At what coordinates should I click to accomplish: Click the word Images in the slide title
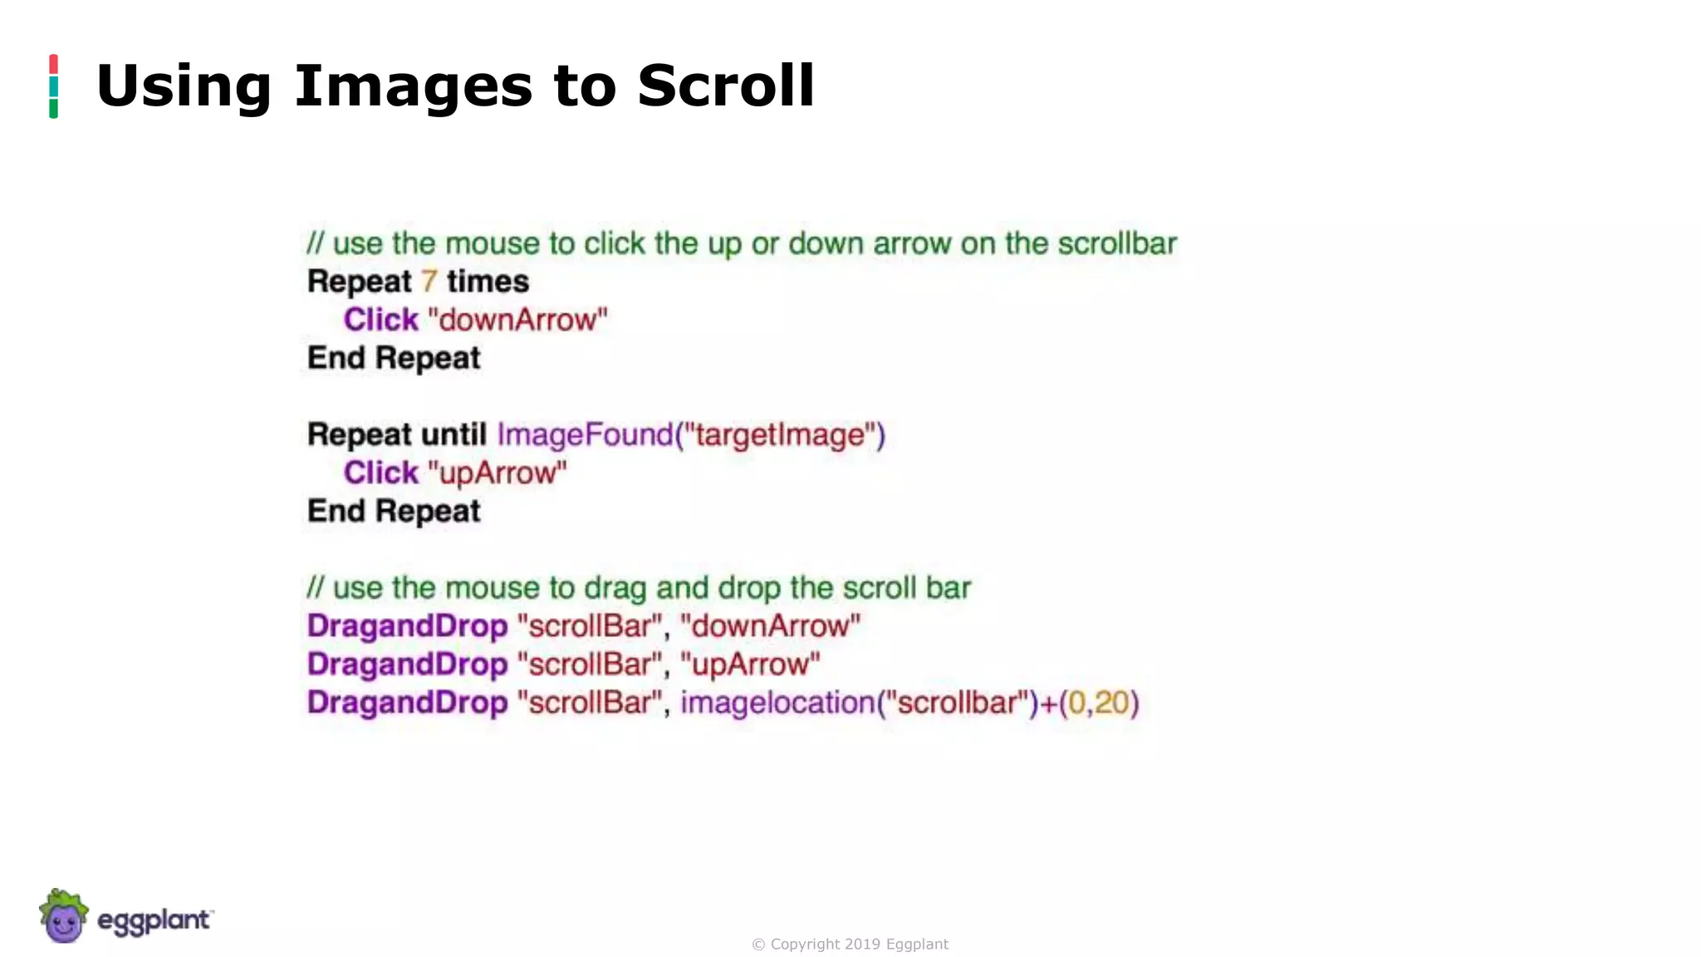pyautogui.click(x=413, y=86)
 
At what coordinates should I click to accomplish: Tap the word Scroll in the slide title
pyautogui.click(x=725, y=86)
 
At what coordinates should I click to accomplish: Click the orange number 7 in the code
pyautogui.click(x=429, y=282)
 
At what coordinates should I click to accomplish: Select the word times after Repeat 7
pyautogui.click(x=488, y=282)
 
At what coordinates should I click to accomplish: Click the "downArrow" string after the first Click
pyautogui.click(x=517, y=320)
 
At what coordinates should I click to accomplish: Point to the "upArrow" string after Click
pyautogui.click(x=497, y=473)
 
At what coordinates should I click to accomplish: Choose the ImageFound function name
pyautogui.click(x=585, y=434)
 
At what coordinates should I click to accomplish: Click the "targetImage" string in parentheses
pyautogui.click(x=780, y=434)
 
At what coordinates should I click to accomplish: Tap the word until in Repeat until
pyautogui.click(x=453, y=434)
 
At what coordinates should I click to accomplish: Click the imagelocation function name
pyautogui.click(x=777, y=703)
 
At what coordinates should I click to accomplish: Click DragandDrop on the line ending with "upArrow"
pyautogui.click(x=407, y=665)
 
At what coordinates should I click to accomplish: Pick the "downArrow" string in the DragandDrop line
pyautogui.click(x=770, y=626)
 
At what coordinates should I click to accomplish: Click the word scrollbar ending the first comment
pyautogui.click(x=1117, y=243)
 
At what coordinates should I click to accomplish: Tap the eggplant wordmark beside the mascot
pyautogui.click(x=154, y=920)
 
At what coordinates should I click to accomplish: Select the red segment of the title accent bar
pyautogui.click(x=53, y=64)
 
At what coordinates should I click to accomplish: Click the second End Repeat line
pyautogui.click(x=394, y=511)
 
